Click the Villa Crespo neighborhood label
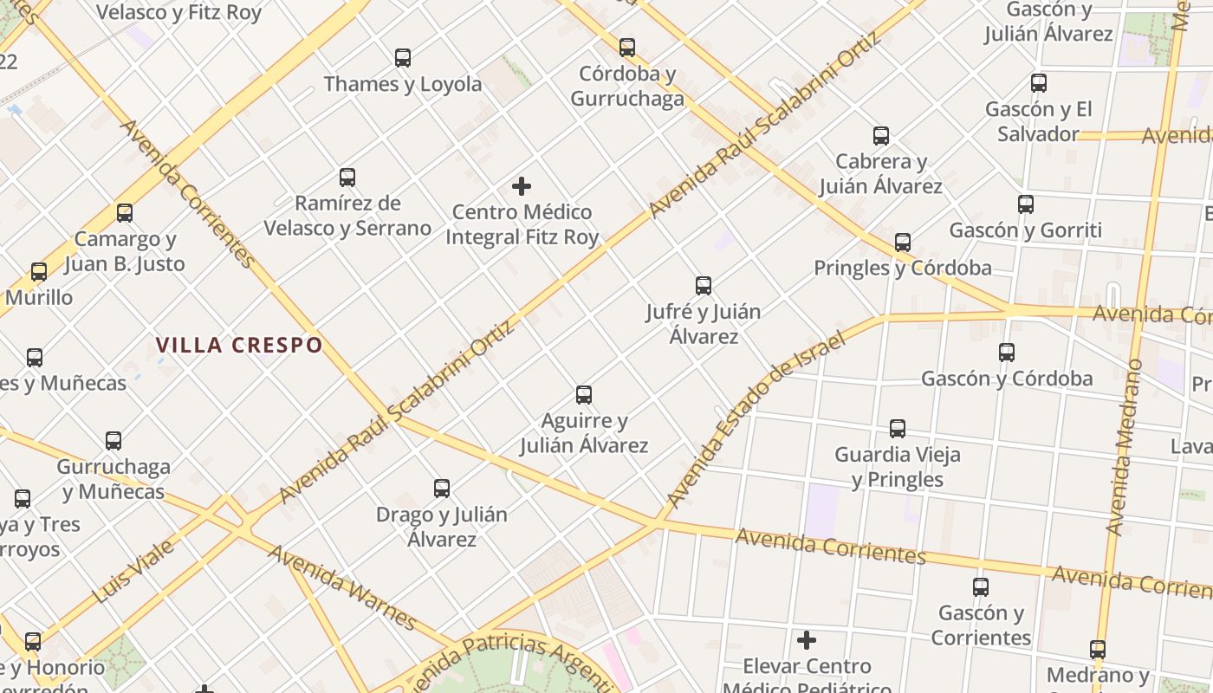click(239, 345)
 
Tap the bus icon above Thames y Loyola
click(403, 58)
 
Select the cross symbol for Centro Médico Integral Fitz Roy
click(522, 186)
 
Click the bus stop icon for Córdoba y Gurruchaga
click(627, 48)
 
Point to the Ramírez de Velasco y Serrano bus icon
click(347, 178)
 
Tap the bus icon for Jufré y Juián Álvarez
click(704, 286)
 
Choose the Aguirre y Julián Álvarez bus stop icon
click(584, 395)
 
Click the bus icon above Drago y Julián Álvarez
click(442, 489)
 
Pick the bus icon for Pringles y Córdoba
click(903, 243)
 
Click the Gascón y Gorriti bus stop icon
click(1026, 204)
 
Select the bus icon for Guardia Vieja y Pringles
click(898, 429)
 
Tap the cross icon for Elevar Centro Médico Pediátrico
click(807, 640)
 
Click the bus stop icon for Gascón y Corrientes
click(981, 587)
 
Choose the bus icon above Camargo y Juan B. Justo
click(125, 213)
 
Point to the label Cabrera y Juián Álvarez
click(880, 173)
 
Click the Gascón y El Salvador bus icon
click(1039, 83)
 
